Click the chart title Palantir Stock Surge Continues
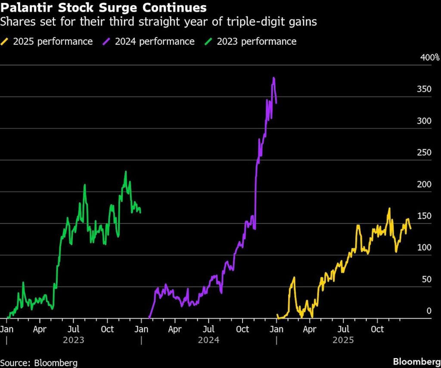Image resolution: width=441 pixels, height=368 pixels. [103, 8]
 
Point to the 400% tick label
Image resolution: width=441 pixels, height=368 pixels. [429, 58]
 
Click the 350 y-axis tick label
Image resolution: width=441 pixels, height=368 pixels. [424, 89]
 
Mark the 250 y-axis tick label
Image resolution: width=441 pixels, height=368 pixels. [424, 153]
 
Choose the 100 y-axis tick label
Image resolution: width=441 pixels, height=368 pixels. [424, 248]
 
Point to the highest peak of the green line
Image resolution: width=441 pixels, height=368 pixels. [125, 172]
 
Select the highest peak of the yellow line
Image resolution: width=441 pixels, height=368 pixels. [389, 209]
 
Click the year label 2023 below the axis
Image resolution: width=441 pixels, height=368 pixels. [73, 340]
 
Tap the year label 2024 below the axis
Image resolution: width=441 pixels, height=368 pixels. [208, 340]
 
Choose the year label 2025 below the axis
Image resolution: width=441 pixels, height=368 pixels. [343, 340]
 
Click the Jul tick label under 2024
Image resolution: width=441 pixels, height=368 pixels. [208, 330]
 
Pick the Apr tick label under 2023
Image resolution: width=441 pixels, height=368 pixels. [40, 330]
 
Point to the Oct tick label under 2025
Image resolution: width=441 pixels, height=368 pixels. [377, 330]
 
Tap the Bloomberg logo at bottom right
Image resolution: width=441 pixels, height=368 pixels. [416, 362]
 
